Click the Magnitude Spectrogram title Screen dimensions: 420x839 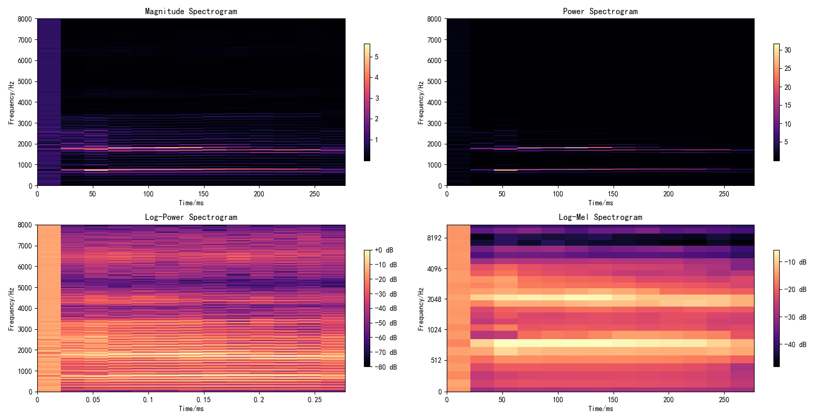click(x=191, y=11)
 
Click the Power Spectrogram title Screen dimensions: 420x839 click(x=600, y=11)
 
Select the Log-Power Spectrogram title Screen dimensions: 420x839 click(x=191, y=217)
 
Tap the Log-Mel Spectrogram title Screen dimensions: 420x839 click(x=600, y=217)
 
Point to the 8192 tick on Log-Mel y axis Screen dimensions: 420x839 click(x=434, y=238)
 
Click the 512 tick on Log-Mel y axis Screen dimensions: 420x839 click(x=436, y=361)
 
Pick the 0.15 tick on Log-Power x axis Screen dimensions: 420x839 click(x=203, y=400)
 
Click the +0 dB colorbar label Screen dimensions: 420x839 click(x=384, y=250)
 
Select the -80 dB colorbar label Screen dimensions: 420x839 click(x=385, y=367)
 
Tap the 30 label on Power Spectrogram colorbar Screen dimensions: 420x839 click(x=788, y=50)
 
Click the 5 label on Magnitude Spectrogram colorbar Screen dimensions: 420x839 click(x=377, y=57)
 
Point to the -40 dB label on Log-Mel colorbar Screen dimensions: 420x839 click(x=795, y=345)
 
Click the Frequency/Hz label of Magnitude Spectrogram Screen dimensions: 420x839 click(x=11, y=102)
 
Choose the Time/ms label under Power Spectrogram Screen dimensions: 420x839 click(x=600, y=203)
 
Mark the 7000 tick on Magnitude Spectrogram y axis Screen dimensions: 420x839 click(x=25, y=40)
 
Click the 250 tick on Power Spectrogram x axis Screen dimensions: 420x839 click(x=724, y=194)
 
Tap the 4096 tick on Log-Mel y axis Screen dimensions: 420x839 click(x=434, y=269)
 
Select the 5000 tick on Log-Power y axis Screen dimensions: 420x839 click(x=25, y=288)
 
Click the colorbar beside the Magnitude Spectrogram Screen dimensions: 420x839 click(x=367, y=102)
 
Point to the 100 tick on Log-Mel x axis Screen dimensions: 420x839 click(x=557, y=400)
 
